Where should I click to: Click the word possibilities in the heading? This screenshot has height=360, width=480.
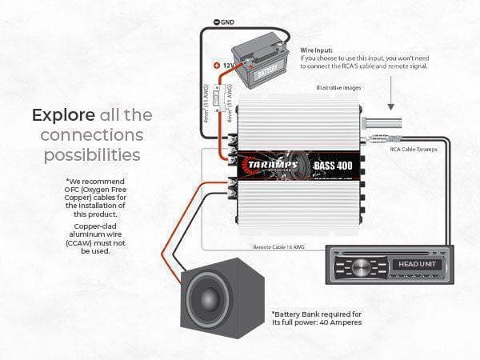[94, 152]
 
